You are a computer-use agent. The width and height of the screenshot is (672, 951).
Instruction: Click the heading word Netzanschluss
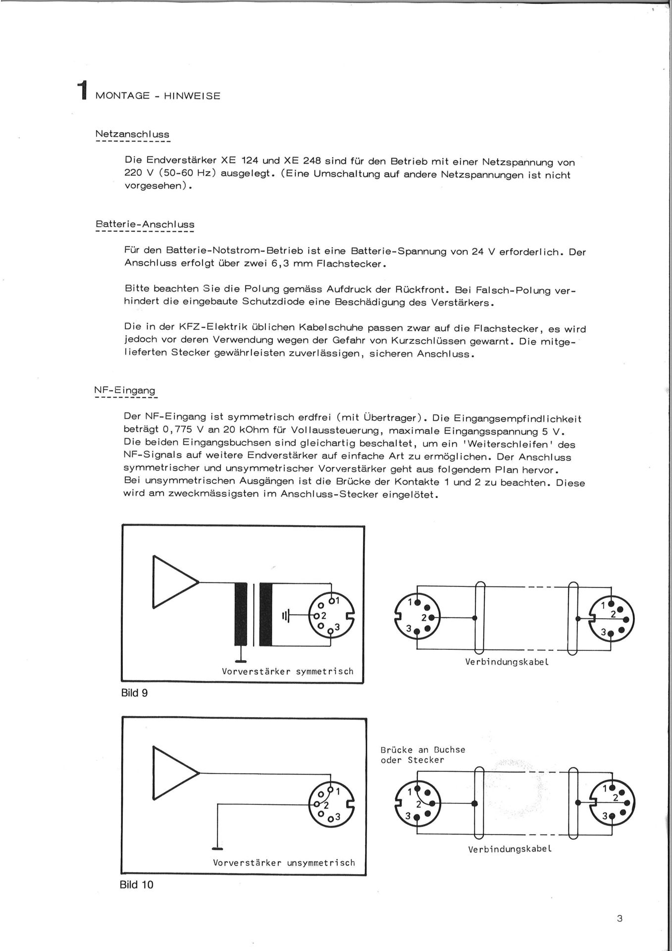(132, 134)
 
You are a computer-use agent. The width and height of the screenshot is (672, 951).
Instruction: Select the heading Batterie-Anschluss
(145, 224)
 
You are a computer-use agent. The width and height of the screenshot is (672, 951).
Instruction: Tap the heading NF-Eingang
(125, 391)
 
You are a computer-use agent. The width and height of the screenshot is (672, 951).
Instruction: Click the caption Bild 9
(134, 693)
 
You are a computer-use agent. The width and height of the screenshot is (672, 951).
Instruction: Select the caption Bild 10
(137, 885)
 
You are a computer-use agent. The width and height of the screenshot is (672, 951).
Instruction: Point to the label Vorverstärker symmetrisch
(288, 672)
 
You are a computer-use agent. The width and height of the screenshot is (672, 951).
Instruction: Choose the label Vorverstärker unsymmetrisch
(284, 862)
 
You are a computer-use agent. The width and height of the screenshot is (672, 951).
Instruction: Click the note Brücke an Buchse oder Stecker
(423, 755)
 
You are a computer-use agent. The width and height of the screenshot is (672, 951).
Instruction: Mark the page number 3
(620, 919)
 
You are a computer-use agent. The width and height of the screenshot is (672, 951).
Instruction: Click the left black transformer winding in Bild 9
(241, 614)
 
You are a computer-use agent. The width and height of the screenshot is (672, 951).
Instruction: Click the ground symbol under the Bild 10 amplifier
(217, 848)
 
